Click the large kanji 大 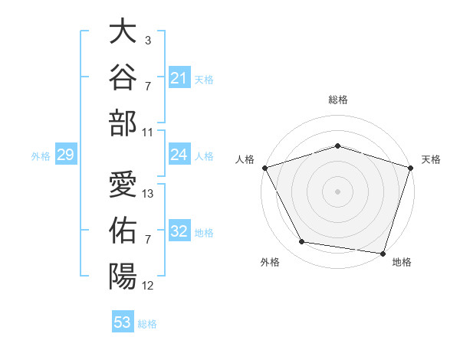pyautogui.click(x=123, y=31)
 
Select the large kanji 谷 pyautogui.click(x=123, y=77)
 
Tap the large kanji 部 pyautogui.click(x=123, y=123)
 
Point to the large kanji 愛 pyautogui.click(x=123, y=184)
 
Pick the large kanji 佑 pyautogui.click(x=123, y=230)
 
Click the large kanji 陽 pyautogui.click(x=123, y=277)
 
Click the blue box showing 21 pyautogui.click(x=179, y=77)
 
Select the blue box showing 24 pyautogui.click(x=179, y=154)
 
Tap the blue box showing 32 pyautogui.click(x=179, y=230)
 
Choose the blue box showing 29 pyautogui.click(x=66, y=154)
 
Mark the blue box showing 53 pyautogui.click(x=123, y=321)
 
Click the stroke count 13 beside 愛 pyautogui.click(x=147, y=194)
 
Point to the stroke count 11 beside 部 pyautogui.click(x=147, y=133)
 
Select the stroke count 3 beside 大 pyautogui.click(x=148, y=40)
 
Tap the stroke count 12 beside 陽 pyautogui.click(x=147, y=286)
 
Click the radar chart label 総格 pyautogui.click(x=338, y=100)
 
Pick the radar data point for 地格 pyautogui.click(x=383, y=254)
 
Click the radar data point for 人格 pyautogui.click(x=265, y=168)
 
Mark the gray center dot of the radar pyautogui.click(x=337, y=191)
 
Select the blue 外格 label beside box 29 pyautogui.click(x=41, y=156)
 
